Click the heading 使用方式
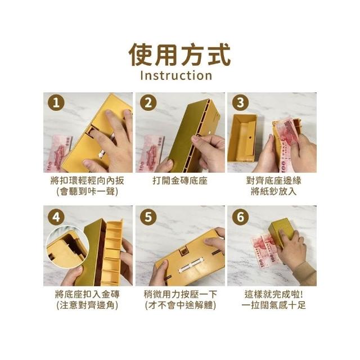point(180,55)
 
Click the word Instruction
point(176,75)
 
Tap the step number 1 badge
point(56,102)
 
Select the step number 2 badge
point(148,102)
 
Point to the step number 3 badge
point(240,102)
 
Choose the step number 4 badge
point(56,217)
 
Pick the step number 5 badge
point(148,217)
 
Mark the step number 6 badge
point(240,217)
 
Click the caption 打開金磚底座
point(180,181)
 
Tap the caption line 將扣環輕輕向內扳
point(88,181)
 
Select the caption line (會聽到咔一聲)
point(88,191)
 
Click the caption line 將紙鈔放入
point(274,191)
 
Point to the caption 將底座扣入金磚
point(88,294)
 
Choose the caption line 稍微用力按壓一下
point(181,294)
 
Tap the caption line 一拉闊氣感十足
point(274,305)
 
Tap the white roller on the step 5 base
point(190,265)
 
